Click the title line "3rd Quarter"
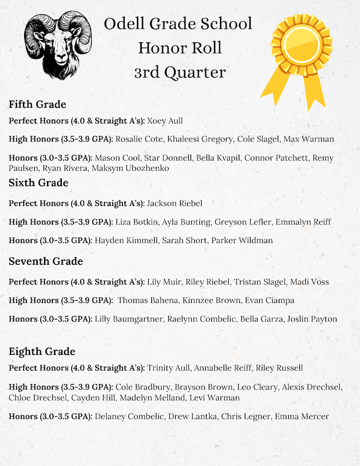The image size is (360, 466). (x=179, y=72)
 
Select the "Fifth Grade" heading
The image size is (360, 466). (x=37, y=105)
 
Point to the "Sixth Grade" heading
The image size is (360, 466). (x=38, y=183)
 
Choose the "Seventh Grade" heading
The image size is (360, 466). (x=45, y=261)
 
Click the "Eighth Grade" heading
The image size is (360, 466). (x=42, y=351)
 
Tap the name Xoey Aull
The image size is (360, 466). (x=165, y=121)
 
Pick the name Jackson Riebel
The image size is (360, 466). (x=174, y=204)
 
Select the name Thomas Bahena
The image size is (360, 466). (x=146, y=301)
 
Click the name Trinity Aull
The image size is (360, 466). (x=169, y=368)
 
